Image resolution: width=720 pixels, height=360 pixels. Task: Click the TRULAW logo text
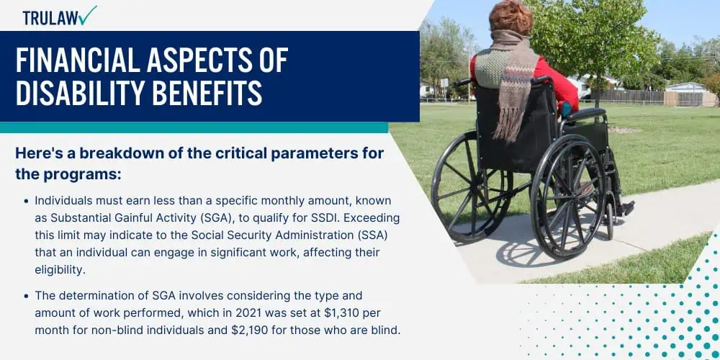pyautogui.click(x=50, y=18)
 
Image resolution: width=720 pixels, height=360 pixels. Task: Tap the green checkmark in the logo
pyautogui.click(x=87, y=15)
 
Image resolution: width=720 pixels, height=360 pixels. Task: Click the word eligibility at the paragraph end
pyautogui.click(x=60, y=269)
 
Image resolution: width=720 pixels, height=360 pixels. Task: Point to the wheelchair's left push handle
pyautogui.click(x=463, y=82)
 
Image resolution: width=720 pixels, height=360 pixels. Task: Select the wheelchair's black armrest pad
pyautogui.click(x=585, y=114)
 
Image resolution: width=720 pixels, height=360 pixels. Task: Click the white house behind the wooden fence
pyautogui.click(x=685, y=87)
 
